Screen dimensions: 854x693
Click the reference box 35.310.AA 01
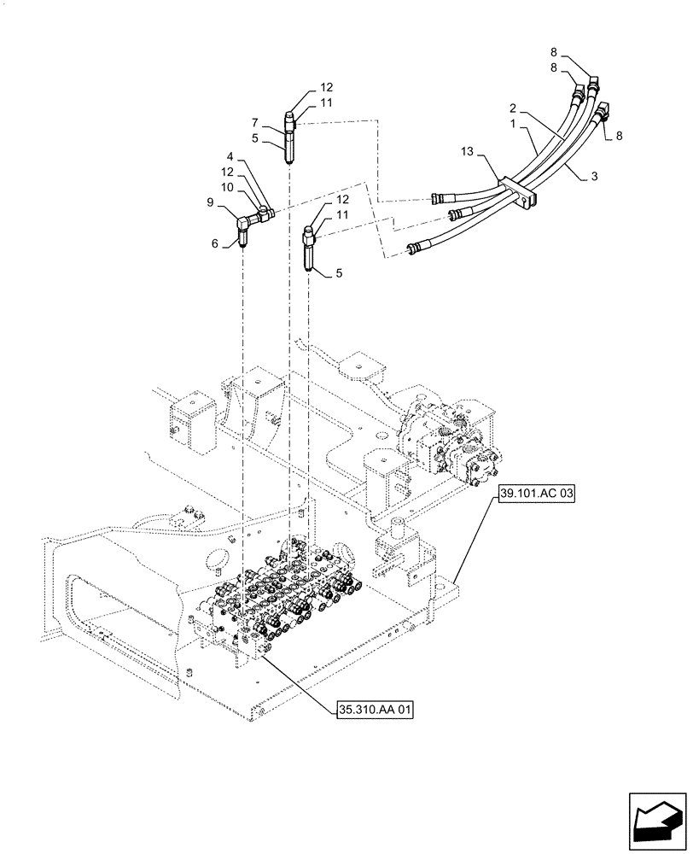[371, 709]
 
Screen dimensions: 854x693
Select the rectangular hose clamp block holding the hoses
[520, 191]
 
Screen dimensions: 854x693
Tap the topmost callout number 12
[327, 87]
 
